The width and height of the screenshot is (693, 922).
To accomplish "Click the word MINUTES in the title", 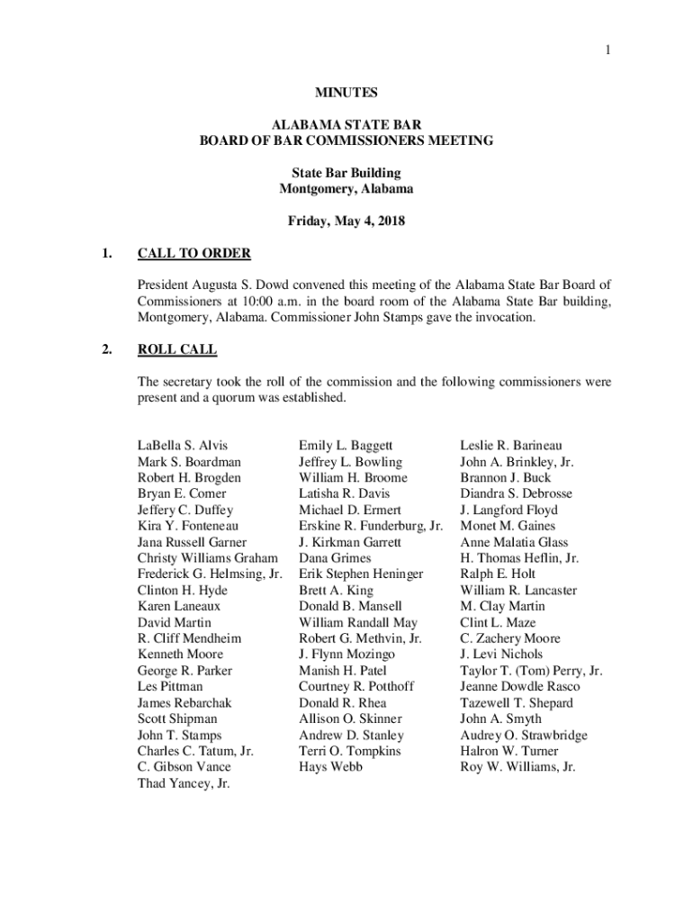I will click(346, 93).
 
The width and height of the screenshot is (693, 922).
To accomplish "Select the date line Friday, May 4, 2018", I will click(346, 221).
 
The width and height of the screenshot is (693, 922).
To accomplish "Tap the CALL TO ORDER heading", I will click(193, 253).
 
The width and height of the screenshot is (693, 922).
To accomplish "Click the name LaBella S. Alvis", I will click(182, 446).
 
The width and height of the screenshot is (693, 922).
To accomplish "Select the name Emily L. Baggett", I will click(346, 446).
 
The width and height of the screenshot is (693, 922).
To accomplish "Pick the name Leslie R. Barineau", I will click(511, 446).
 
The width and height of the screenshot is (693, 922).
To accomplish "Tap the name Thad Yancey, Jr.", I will click(184, 783).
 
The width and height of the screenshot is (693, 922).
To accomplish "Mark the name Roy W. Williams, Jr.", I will click(517, 767).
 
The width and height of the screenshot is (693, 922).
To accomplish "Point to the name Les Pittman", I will click(170, 687).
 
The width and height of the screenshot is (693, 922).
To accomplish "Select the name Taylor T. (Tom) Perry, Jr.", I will click(531, 671).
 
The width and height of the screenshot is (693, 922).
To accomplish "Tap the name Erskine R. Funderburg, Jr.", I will click(371, 526).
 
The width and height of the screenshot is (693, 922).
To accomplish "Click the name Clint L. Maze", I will click(498, 622).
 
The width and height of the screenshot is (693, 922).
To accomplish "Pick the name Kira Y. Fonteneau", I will click(187, 526).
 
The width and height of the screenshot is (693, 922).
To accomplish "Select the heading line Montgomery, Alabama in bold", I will click(346, 189).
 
